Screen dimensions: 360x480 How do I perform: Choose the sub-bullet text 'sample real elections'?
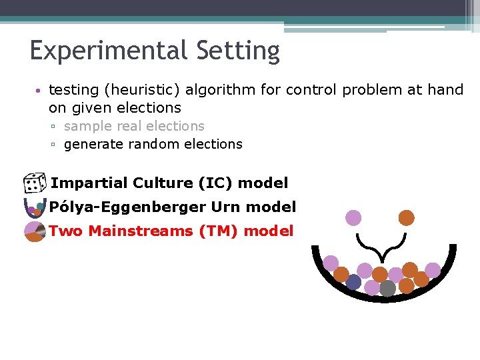[134, 126]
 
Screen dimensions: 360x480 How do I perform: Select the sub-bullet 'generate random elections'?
[153, 144]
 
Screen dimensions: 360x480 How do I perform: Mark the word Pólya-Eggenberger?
[127, 207]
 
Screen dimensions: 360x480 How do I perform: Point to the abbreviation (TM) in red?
[219, 231]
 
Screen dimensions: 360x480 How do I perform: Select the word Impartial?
[89, 183]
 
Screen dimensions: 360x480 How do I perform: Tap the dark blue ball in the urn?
[353, 283]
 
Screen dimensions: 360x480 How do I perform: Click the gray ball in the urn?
[387, 288]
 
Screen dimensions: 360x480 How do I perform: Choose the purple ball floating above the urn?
[353, 218]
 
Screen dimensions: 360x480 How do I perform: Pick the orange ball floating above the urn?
[406, 217]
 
